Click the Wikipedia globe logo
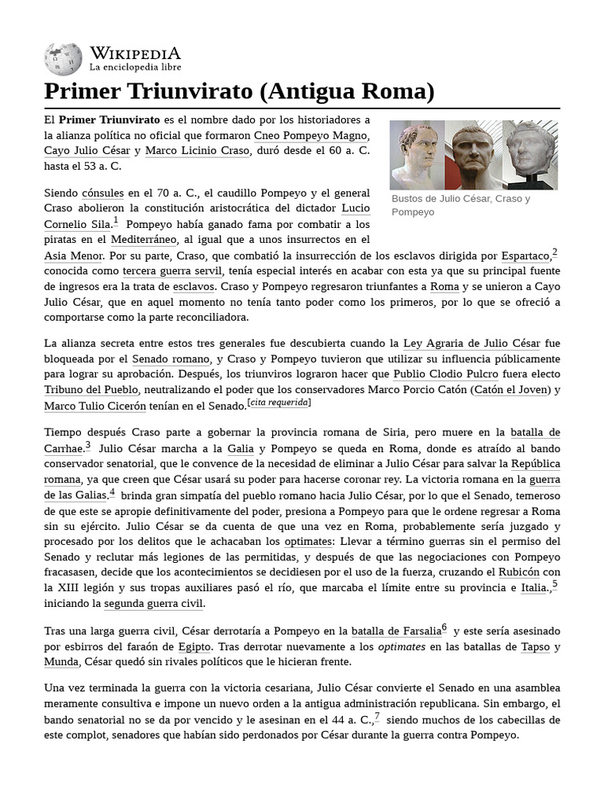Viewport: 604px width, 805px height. tap(64, 58)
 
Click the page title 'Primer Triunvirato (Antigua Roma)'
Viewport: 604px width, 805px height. tap(239, 91)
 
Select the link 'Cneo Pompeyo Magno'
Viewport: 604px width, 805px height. tap(312, 134)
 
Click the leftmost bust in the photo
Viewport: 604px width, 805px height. tap(417, 154)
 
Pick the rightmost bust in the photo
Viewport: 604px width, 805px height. tap(530, 154)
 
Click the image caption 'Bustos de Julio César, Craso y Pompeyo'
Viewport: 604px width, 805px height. tap(461, 205)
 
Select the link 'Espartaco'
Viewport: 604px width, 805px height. tap(525, 255)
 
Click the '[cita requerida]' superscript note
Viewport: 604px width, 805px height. tap(279, 403)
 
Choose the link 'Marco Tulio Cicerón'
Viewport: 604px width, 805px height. tap(95, 406)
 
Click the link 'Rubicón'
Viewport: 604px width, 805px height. tap(518, 572)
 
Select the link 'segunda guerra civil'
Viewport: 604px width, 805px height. tap(154, 604)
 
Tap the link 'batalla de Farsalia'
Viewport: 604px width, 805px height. tap(396, 630)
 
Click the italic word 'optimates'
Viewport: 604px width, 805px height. tap(401, 646)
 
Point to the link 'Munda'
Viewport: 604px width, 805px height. tap(61, 662)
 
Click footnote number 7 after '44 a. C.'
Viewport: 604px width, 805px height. tap(377, 717)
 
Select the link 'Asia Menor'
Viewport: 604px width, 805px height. tap(73, 255)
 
